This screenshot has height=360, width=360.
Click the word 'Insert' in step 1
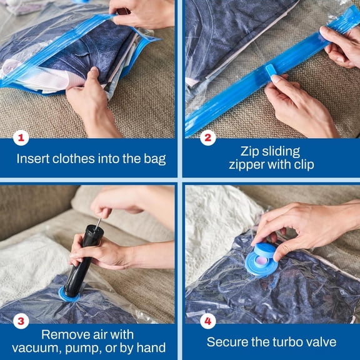(x=34, y=159)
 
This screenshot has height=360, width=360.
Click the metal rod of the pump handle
(x=97, y=223)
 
